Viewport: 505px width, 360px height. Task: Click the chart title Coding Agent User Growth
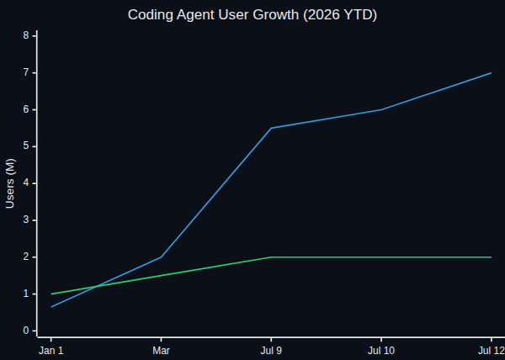click(x=213, y=15)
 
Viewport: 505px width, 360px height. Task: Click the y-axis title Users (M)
click(x=10, y=183)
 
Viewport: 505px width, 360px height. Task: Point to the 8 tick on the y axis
click(x=26, y=35)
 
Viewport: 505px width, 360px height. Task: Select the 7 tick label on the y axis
click(x=26, y=72)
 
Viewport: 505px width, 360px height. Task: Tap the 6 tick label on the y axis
click(x=26, y=109)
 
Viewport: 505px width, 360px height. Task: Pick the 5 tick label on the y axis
click(x=26, y=146)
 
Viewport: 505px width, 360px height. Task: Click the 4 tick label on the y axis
click(x=26, y=183)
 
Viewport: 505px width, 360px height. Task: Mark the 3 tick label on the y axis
click(x=26, y=220)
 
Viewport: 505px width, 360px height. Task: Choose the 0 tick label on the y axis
click(x=26, y=331)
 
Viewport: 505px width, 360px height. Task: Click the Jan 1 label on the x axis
click(x=51, y=351)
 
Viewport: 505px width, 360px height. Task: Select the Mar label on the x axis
click(x=161, y=351)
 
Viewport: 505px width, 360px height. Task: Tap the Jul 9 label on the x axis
click(x=271, y=351)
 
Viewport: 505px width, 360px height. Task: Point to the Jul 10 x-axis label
click(x=381, y=351)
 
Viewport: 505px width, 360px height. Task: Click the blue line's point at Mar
click(x=161, y=257)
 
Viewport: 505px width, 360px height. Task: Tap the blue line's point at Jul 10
click(x=381, y=109)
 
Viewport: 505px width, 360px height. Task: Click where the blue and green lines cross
click(x=96, y=286)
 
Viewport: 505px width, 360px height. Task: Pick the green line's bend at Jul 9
click(x=271, y=257)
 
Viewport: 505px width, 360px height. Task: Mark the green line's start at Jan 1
click(x=51, y=294)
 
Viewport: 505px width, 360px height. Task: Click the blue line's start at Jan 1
click(x=51, y=307)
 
